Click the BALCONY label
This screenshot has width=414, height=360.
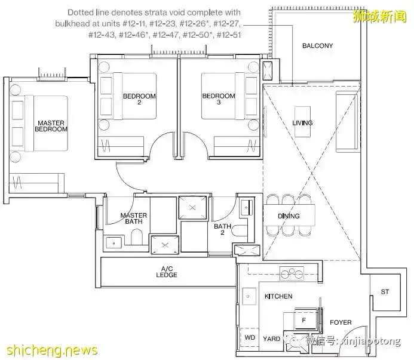point(317,45)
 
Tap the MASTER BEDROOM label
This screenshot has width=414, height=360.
point(51,126)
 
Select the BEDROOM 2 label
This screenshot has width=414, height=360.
point(139,99)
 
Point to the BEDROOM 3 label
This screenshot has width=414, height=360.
point(219,99)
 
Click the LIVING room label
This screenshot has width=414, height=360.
point(302,123)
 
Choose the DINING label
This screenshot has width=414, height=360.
point(289,216)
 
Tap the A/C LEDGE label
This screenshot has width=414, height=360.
point(167,272)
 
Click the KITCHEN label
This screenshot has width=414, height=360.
point(278,296)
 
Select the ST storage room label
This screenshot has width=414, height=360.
point(385,292)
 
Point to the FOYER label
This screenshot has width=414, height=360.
point(341,322)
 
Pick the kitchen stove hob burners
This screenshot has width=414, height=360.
point(292,273)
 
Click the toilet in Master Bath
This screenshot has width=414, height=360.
point(136,236)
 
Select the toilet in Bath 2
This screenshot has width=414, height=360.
point(239,230)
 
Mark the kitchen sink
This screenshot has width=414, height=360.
point(249,296)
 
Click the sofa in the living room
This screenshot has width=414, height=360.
point(346,122)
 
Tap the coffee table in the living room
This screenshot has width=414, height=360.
point(302,122)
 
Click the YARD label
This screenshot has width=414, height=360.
point(271,339)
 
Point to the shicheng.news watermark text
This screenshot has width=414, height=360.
point(52,350)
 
